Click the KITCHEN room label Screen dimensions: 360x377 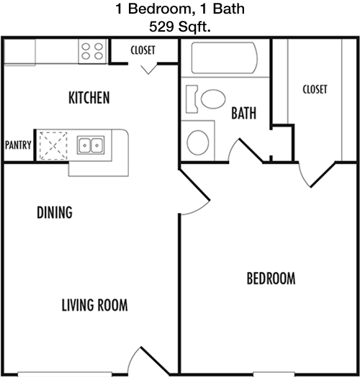point(89,98)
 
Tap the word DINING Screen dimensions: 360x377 point(55,212)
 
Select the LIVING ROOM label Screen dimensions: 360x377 point(94,305)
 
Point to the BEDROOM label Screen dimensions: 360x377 point(271,278)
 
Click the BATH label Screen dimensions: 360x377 point(244,113)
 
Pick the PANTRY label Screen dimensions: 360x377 point(18,145)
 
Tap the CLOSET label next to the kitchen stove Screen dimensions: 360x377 point(143,50)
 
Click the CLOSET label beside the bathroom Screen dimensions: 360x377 point(315,89)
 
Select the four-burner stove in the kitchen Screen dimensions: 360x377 point(92,51)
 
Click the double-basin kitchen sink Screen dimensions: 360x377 point(91,145)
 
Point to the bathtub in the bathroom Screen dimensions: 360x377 point(224,58)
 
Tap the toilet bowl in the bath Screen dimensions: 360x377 point(213,99)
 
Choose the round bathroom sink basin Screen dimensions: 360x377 point(198,143)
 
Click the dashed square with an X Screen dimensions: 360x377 point(53,146)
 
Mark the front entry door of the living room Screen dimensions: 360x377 point(148,361)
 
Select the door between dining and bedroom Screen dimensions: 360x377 point(194,192)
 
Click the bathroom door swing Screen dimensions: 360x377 point(246,150)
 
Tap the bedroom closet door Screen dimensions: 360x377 point(317,175)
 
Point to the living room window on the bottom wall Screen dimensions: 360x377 point(65,374)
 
